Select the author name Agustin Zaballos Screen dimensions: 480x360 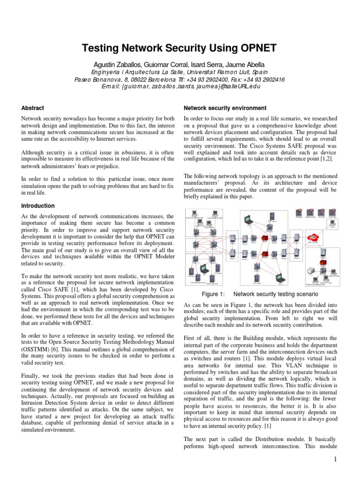point(129,64)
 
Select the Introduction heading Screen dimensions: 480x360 point(38,206)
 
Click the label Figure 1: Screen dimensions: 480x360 point(213,294)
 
